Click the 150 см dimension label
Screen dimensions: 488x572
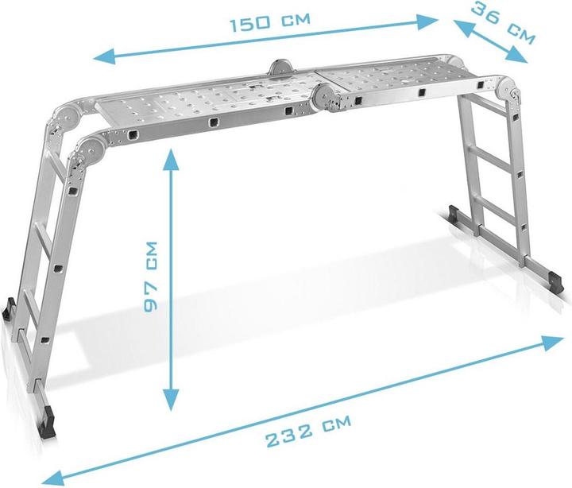[270, 21]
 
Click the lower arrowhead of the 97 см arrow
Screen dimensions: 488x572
[169, 402]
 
